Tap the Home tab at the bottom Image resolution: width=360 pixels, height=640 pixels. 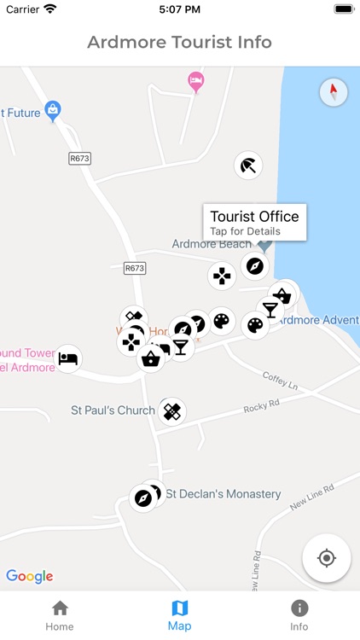pyautogui.click(x=60, y=614)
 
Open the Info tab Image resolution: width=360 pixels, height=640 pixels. pyautogui.click(x=299, y=614)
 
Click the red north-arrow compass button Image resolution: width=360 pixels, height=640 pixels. pyautogui.click(x=333, y=92)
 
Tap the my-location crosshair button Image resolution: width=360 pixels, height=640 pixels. pyautogui.click(x=326, y=558)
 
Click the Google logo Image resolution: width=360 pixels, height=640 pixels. pyautogui.click(x=30, y=576)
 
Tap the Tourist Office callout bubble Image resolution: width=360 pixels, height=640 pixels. pyautogui.click(x=254, y=222)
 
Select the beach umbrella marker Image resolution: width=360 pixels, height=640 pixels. pyautogui.click(x=247, y=165)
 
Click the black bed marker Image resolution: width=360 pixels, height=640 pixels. pyautogui.click(x=68, y=358)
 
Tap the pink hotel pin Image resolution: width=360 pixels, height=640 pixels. pyautogui.click(x=196, y=82)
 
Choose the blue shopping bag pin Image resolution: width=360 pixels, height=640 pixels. pyautogui.click(x=53, y=110)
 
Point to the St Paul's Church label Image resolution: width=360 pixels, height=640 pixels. pyautogui.click(x=113, y=410)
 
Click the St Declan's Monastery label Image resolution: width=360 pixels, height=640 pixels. pyautogui.click(x=223, y=494)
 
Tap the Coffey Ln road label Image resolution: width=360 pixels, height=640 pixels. pyautogui.click(x=280, y=379)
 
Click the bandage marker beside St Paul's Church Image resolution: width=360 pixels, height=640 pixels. pyautogui.click(x=172, y=412)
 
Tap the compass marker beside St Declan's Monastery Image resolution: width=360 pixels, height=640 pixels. pyautogui.click(x=143, y=497)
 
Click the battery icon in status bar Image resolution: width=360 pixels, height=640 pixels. pyautogui.click(x=344, y=9)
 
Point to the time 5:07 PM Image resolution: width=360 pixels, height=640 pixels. pyautogui.click(x=179, y=9)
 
